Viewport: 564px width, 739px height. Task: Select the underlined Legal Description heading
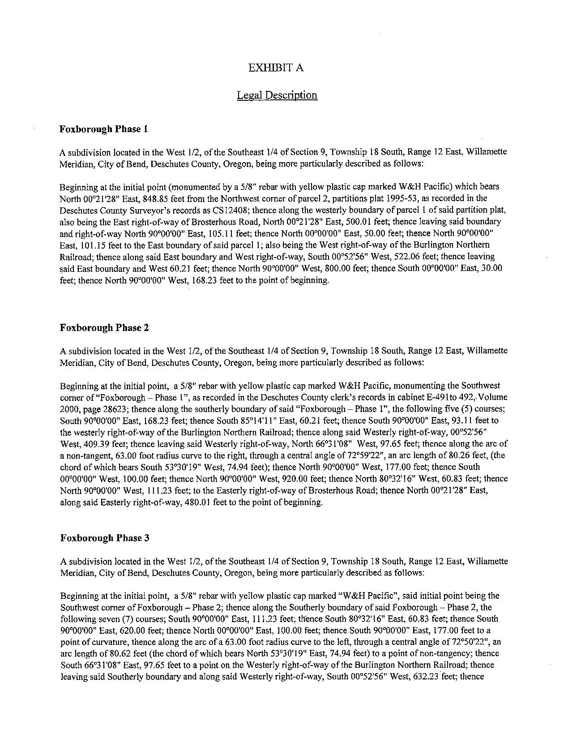(277, 95)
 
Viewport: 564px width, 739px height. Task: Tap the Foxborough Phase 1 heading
(103, 129)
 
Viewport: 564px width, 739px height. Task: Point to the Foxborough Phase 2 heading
(104, 328)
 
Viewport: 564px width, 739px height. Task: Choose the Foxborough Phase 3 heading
(104, 538)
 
